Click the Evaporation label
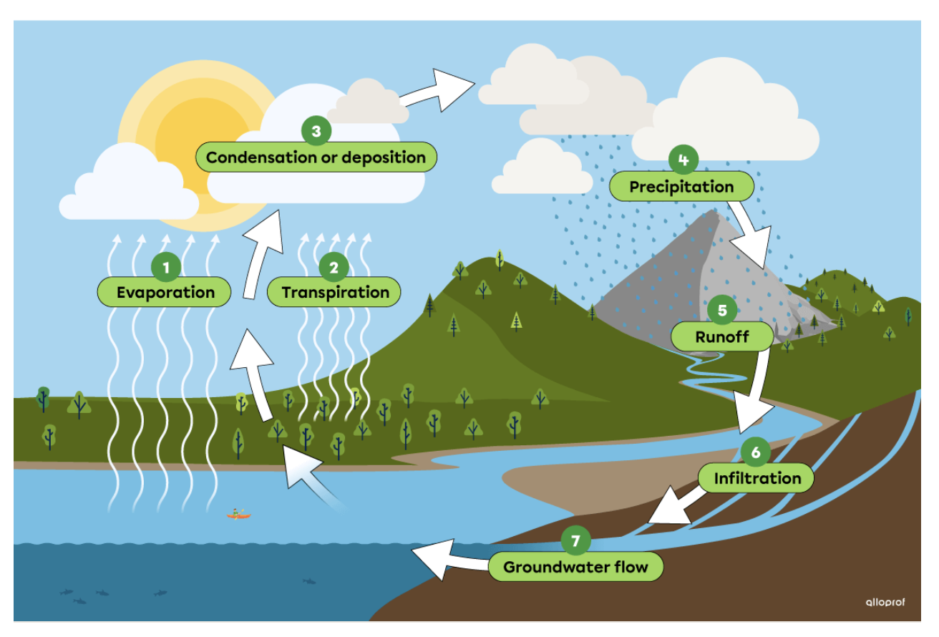click(x=165, y=292)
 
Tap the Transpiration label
click(x=335, y=292)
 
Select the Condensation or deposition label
click(x=316, y=157)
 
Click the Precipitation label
click(x=681, y=187)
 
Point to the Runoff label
click(x=722, y=336)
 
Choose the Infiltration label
click(x=757, y=478)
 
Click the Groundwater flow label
click(x=575, y=568)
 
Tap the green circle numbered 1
click(x=166, y=268)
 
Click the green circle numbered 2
click(x=334, y=268)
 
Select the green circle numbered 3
click(x=316, y=132)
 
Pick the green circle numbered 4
click(x=683, y=160)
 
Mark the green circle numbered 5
click(x=722, y=311)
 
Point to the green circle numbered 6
click(x=756, y=452)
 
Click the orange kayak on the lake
click(x=239, y=514)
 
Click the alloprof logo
click(x=885, y=602)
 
